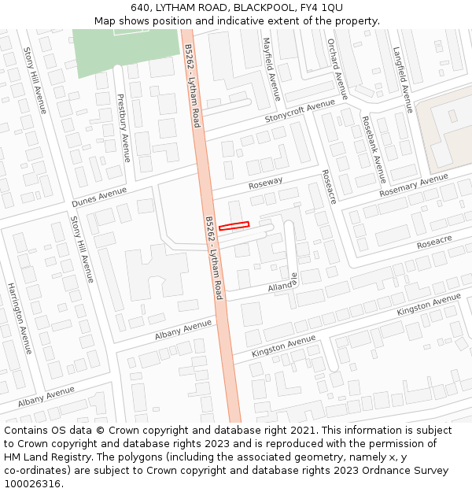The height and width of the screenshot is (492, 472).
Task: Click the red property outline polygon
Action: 234,226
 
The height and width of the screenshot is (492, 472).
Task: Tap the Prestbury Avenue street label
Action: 122,128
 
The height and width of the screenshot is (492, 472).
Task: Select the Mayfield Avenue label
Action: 271,69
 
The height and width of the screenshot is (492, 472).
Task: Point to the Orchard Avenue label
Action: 337,69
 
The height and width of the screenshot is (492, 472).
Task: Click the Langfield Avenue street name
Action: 403,80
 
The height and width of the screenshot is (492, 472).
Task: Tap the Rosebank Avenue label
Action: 374,150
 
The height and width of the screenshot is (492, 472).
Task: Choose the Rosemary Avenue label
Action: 414,186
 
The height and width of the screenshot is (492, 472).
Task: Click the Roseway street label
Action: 265,183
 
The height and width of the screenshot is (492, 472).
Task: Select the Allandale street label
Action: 282,283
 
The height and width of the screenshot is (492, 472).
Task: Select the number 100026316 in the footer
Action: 32,484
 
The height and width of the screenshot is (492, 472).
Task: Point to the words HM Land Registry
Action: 42,457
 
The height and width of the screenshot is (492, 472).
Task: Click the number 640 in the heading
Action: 141,8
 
